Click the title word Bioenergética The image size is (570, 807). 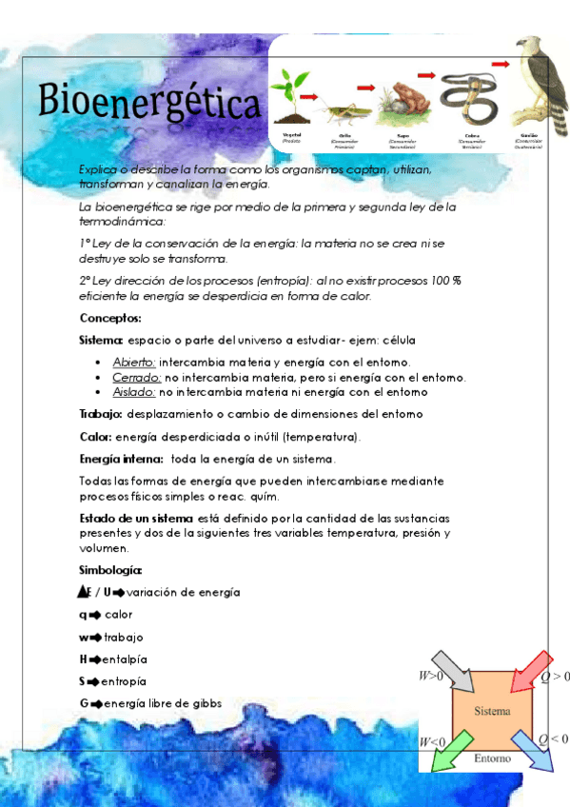[149, 103]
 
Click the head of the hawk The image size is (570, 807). [528, 47]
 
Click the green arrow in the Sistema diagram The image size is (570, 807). [451, 750]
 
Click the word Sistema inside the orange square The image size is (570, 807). [492, 711]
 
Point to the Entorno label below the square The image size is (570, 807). [492, 759]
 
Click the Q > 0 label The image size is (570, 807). [555, 677]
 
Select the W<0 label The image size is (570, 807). [432, 740]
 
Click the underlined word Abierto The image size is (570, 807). [134, 363]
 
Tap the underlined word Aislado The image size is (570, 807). [133, 391]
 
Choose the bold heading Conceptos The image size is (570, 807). [110, 318]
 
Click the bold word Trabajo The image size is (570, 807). [100, 414]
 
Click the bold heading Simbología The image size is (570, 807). [110, 570]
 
